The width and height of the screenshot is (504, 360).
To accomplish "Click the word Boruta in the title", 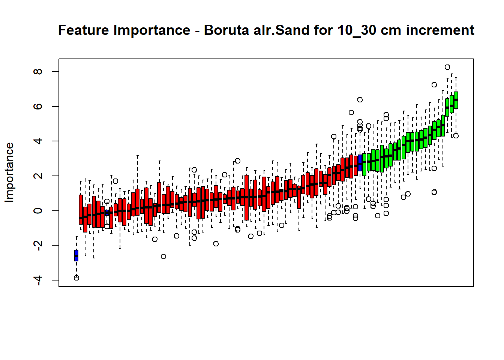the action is pyautogui.click(x=226, y=30).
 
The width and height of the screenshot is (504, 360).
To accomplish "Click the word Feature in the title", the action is pyautogui.click(x=84, y=30).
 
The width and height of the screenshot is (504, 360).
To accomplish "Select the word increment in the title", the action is pyautogui.click(x=440, y=30).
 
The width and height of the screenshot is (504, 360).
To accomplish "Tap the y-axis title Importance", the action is pyautogui.click(x=9, y=172).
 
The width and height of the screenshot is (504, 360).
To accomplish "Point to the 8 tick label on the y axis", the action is pyautogui.click(x=38, y=72).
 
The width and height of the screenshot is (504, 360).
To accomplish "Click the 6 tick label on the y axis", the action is pyautogui.click(x=38, y=106).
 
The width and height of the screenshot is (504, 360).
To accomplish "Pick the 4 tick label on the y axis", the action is pyautogui.click(x=38, y=141).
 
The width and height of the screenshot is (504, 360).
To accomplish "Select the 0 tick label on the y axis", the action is pyautogui.click(x=38, y=211).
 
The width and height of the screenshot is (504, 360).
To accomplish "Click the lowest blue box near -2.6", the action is pyautogui.click(x=76, y=255).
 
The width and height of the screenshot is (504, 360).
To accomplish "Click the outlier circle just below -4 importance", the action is pyautogui.click(x=76, y=278).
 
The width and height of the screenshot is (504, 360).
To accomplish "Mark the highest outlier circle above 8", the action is pyautogui.click(x=447, y=67).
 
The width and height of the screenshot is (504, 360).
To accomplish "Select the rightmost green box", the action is pyautogui.click(x=456, y=100).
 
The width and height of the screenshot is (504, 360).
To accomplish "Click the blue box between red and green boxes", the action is pyautogui.click(x=360, y=163).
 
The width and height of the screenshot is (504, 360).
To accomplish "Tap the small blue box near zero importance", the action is pyautogui.click(x=107, y=213).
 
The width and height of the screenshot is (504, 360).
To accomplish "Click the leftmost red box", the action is pyautogui.click(x=81, y=210).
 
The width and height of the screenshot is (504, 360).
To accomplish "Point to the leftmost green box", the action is pyautogui.click(x=364, y=164).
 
